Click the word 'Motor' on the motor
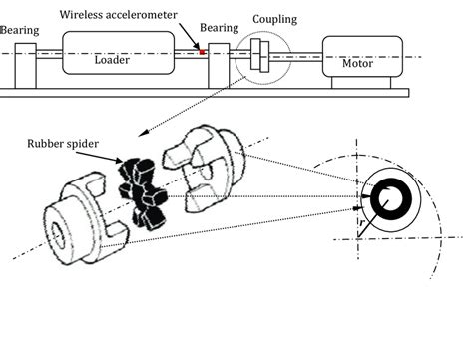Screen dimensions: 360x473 click(357, 63)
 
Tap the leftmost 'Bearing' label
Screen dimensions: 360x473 click(19, 30)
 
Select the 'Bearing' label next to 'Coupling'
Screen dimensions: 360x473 click(219, 29)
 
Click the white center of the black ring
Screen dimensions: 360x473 click(392, 198)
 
